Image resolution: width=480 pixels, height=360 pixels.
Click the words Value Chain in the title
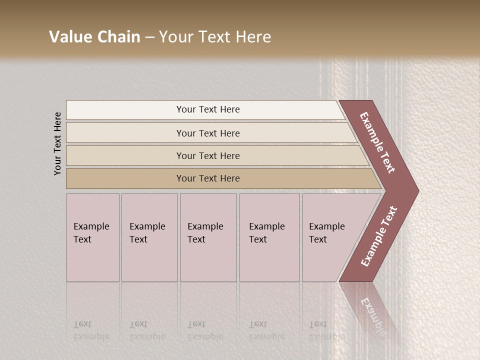click(94, 37)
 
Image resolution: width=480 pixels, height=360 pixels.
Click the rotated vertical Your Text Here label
click(57, 143)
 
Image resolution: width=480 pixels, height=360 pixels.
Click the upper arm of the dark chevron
click(378, 142)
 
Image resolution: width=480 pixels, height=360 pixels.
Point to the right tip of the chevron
click(416, 190)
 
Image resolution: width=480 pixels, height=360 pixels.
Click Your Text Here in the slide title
click(215, 37)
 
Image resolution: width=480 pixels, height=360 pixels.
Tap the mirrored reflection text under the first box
click(91, 330)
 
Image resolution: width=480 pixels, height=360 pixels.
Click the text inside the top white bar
click(208, 109)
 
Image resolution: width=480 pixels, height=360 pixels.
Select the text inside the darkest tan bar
click(208, 178)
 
